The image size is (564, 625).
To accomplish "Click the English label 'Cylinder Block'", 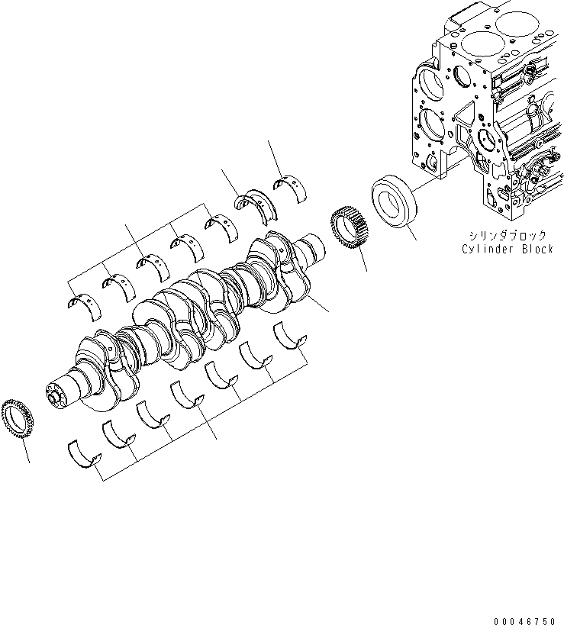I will [x=507, y=250].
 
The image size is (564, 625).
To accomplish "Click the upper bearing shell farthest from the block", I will [x=84, y=301].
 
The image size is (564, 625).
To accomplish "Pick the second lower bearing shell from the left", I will [x=119, y=433].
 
